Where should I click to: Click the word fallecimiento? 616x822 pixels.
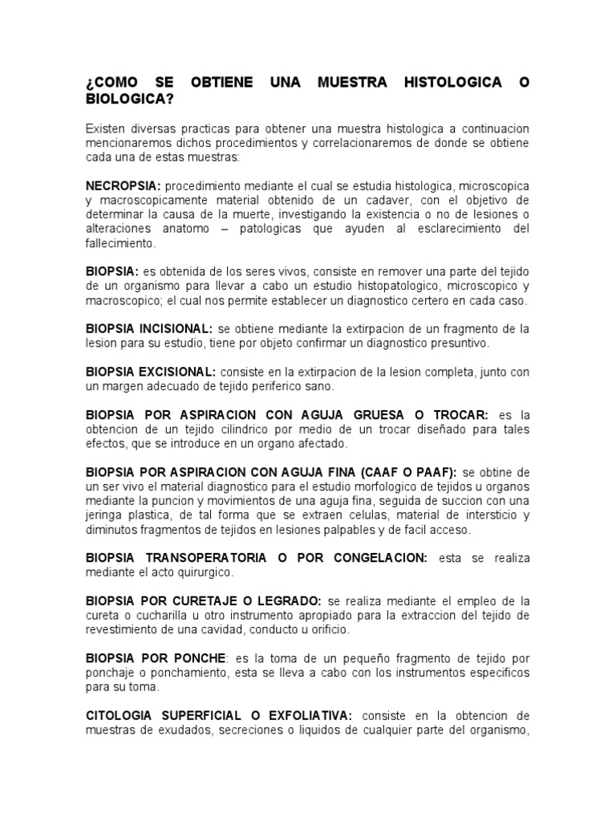[120, 243]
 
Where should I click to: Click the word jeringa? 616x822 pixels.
[107, 515]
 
